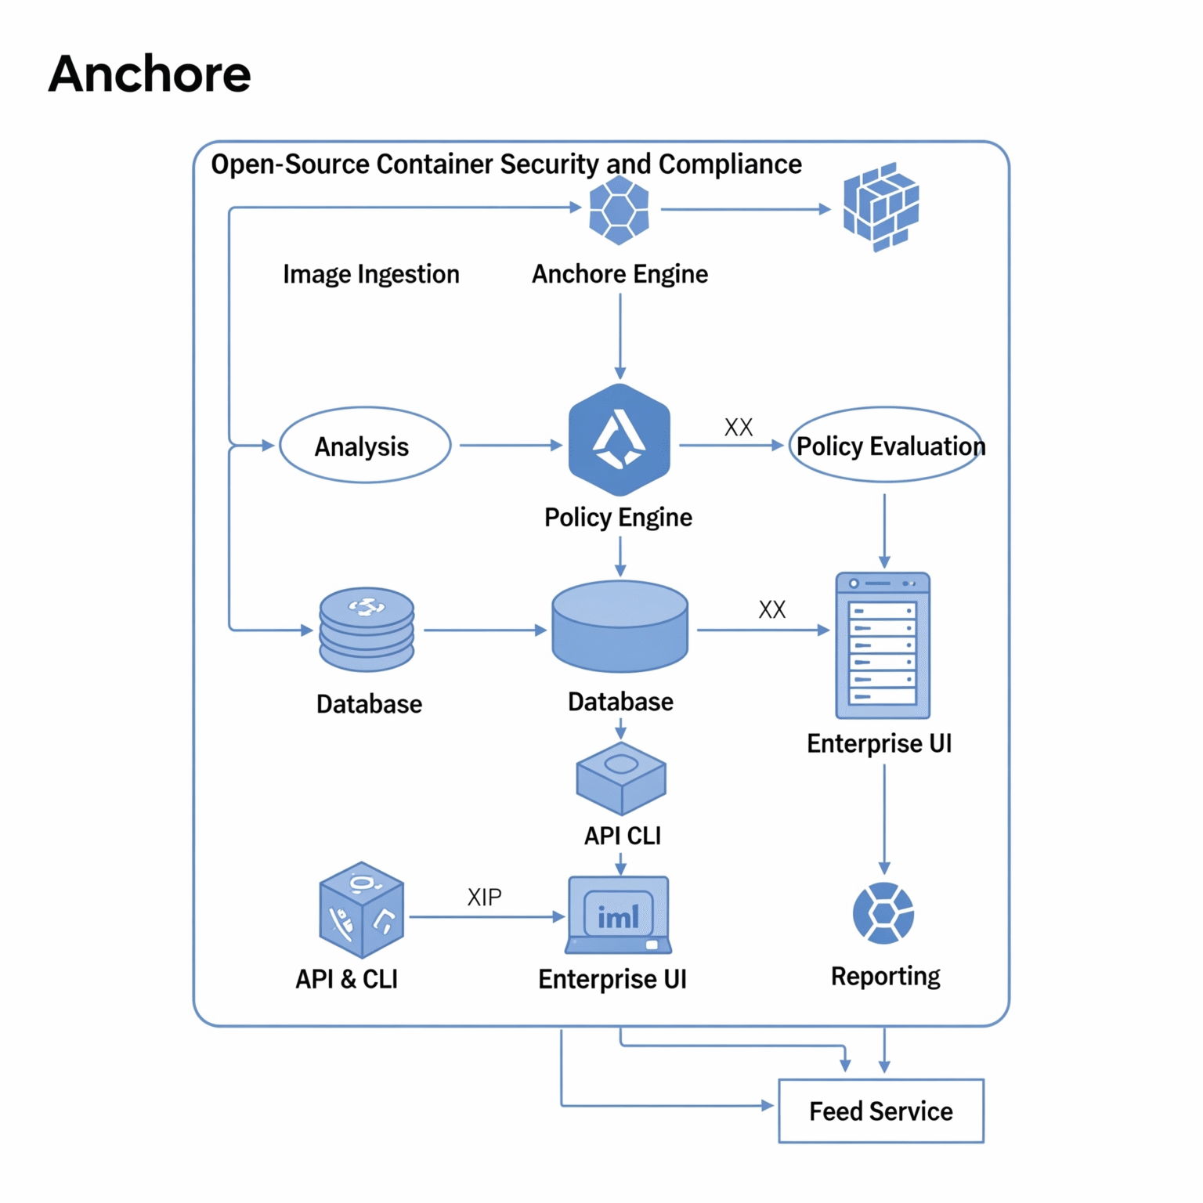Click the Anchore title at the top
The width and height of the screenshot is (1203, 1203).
click(150, 74)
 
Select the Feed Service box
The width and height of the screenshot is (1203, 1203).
click(880, 1111)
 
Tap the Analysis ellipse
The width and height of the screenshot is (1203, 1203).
click(365, 446)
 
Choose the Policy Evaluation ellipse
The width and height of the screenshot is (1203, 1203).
click(885, 446)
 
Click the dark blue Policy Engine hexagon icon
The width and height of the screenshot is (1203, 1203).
click(620, 440)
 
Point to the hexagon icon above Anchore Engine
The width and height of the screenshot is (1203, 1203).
click(619, 210)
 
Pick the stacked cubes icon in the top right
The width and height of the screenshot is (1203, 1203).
click(880, 208)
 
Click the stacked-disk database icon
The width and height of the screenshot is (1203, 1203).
click(367, 630)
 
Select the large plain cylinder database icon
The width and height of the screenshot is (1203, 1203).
click(620, 627)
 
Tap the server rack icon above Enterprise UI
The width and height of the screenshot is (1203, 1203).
click(883, 645)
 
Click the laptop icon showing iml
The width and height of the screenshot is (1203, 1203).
click(619, 915)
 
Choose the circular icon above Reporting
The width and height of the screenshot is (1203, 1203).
click(883, 913)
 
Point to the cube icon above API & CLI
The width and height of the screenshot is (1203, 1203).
click(361, 910)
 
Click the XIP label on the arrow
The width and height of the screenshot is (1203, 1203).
click(484, 897)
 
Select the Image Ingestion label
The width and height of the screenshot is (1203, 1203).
click(370, 274)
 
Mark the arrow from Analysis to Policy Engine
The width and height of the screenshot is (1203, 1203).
click(509, 446)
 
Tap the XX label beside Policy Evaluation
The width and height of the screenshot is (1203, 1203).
click(738, 427)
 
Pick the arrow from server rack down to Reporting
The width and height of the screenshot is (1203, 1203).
click(884, 818)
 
